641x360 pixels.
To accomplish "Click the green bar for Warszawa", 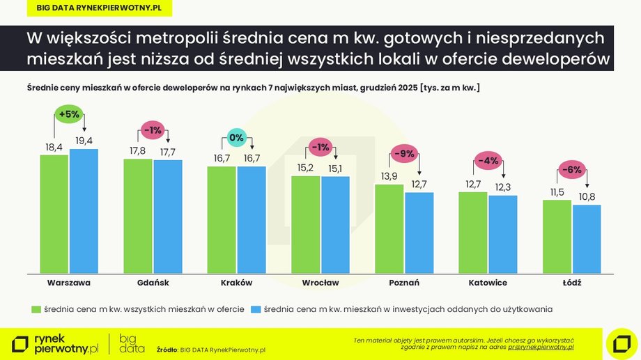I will tap(54, 214).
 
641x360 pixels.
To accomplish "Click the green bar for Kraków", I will tap(222, 219).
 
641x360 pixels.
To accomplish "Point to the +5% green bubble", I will tap(69, 114).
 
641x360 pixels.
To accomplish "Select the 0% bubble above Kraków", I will tap(236, 137).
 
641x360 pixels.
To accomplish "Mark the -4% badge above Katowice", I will tap(488, 161).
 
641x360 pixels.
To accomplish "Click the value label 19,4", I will tap(84, 141).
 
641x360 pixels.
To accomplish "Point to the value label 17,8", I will tap(138, 151).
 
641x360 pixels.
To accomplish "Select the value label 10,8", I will tap(587, 197).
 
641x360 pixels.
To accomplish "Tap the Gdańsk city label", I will tap(153, 283).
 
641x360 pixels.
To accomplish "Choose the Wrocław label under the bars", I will tap(320, 283).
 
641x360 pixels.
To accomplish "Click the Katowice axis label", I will tap(488, 283).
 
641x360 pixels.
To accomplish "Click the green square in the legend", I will tap(36, 308).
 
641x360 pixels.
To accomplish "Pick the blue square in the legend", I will tap(255, 308).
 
